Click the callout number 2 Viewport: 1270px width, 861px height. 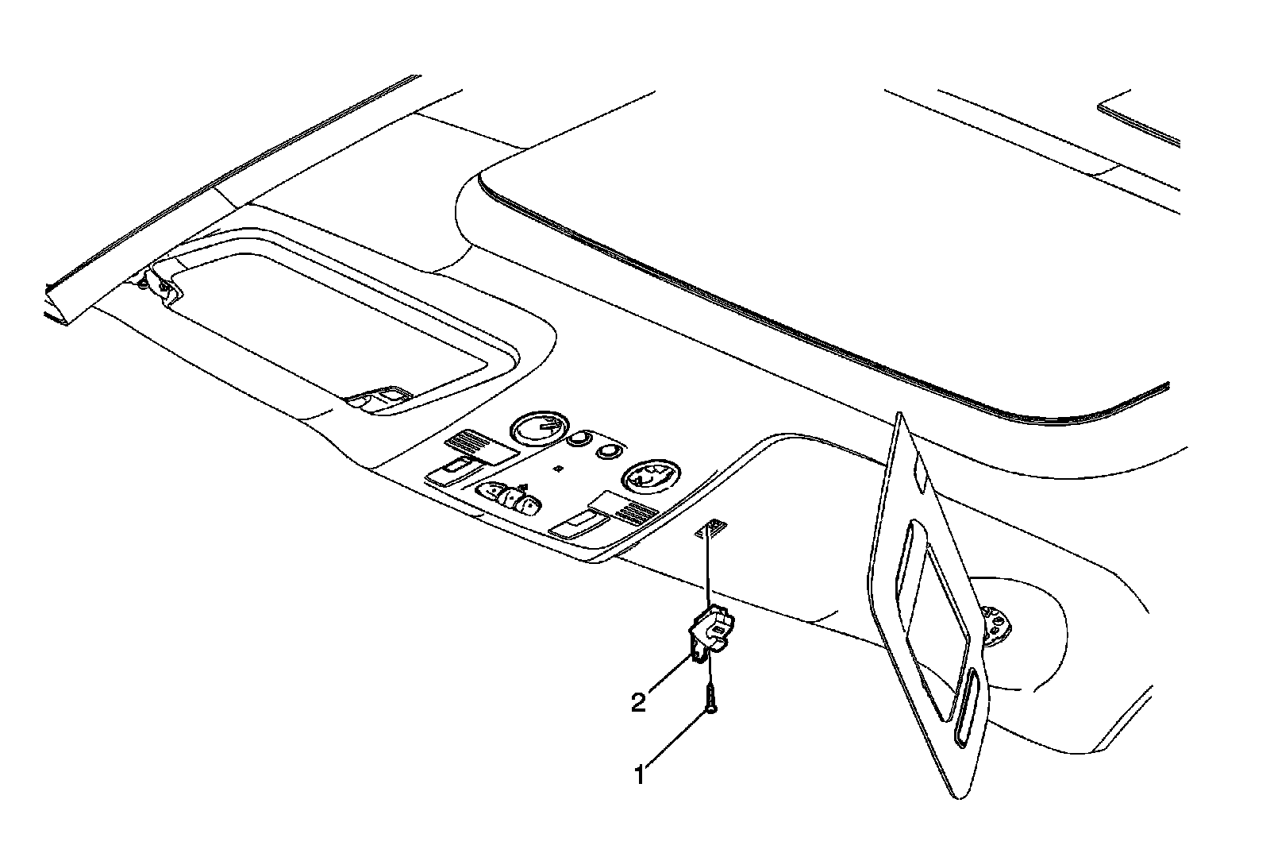pos(638,702)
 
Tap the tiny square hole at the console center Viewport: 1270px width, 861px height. pos(559,469)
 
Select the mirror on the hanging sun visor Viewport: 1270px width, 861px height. pos(936,604)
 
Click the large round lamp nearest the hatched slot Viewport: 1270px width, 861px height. pos(649,478)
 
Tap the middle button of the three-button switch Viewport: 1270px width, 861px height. pos(510,500)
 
